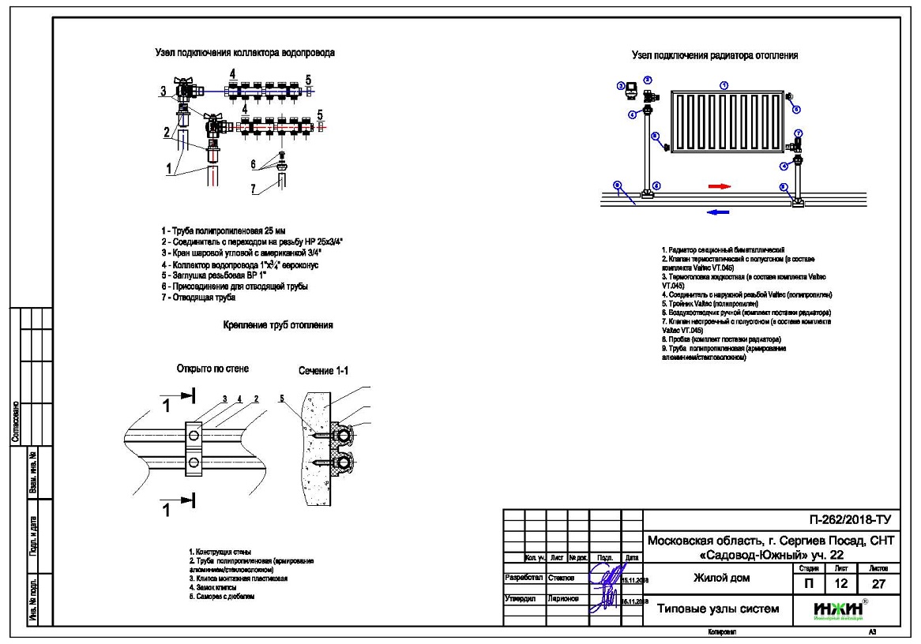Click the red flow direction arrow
[x=718, y=186]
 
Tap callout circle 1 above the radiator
[x=724, y=84]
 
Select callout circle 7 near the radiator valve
[x=799, y=133]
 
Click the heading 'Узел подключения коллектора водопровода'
[x=244, y=53]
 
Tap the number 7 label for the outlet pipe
[x=253, y=189]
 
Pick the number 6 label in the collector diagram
[x=253, y=164]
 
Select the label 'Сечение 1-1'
[x=319, y=369]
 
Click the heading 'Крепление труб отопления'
[x=276, y=325]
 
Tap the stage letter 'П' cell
[x=803, y=584]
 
